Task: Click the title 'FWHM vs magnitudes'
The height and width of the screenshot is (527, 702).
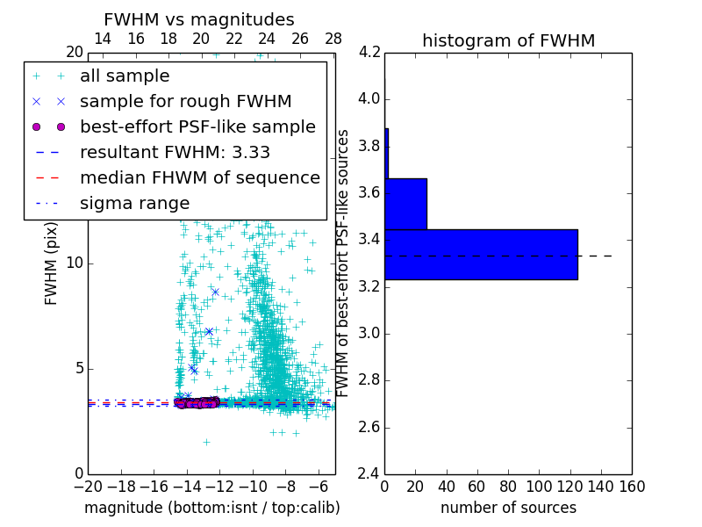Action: pos(199,19)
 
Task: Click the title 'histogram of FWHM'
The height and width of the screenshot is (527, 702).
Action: pos(508,40)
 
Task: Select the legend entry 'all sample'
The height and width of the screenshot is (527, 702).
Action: pos(125,76)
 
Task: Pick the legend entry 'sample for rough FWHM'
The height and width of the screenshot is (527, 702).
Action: pos(185,102)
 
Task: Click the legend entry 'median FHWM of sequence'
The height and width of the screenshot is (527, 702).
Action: pos(199,178)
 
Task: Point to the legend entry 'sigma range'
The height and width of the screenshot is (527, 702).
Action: pos(134,204)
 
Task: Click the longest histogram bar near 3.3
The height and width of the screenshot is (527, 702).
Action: pos(481,255)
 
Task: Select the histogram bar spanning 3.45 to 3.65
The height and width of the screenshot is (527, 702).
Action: pos(405,204)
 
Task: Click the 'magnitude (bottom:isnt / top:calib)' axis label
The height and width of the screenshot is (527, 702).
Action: pos(211,508)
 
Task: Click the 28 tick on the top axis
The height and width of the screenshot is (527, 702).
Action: pos(333,40)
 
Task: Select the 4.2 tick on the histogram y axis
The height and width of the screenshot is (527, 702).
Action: pos(369,52)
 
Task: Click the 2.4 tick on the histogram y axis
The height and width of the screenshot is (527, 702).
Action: pos(369,474)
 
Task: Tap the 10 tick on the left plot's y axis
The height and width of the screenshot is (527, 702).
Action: pos(75,263)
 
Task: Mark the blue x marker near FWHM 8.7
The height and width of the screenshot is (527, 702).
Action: pos(215,292)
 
